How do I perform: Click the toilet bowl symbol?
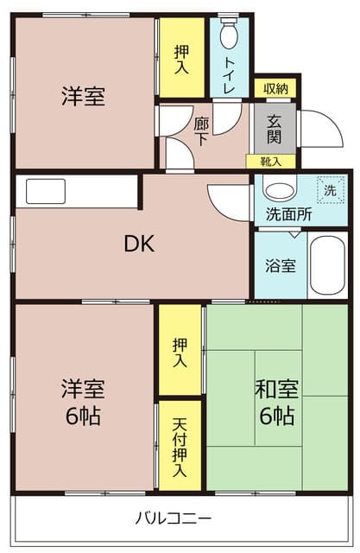pyautogui.click(x=229, y=32)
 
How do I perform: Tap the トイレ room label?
pyautogui.click(x=230, y=75)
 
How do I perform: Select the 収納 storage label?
pyautogui.click(x=276, y=88)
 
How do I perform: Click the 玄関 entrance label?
pyautogui.click(x=275, y=130)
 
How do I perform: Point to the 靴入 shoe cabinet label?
pyautogui.click(x=270, y=162)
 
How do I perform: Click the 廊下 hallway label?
pyautogui.click(x=201, y=131)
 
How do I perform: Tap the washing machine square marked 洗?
pyautogui.click(x=331, y=190)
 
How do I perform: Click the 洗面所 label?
pyautogui.click(x=289, y=213)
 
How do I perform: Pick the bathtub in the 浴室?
pyautogui.click(x=328, y=265)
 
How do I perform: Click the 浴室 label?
pyautogui.click(x=281, y=265)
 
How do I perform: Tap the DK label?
pyautogui.click(x=140, y=244)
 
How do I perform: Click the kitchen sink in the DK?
pyautogui.click(x=46, y=191)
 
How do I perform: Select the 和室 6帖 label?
pyautogui.click(x=277, y=402)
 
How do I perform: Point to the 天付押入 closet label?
pyautogui.click(x=180, y=448)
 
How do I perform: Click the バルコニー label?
pyautogui.click(x=174, y=518)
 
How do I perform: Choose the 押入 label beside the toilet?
pyautogui.click(x=181, y=60)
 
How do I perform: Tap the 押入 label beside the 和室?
pyautogui.click(x=180, y=353)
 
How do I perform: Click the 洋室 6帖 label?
pyautogui.click(x=84, y=402)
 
